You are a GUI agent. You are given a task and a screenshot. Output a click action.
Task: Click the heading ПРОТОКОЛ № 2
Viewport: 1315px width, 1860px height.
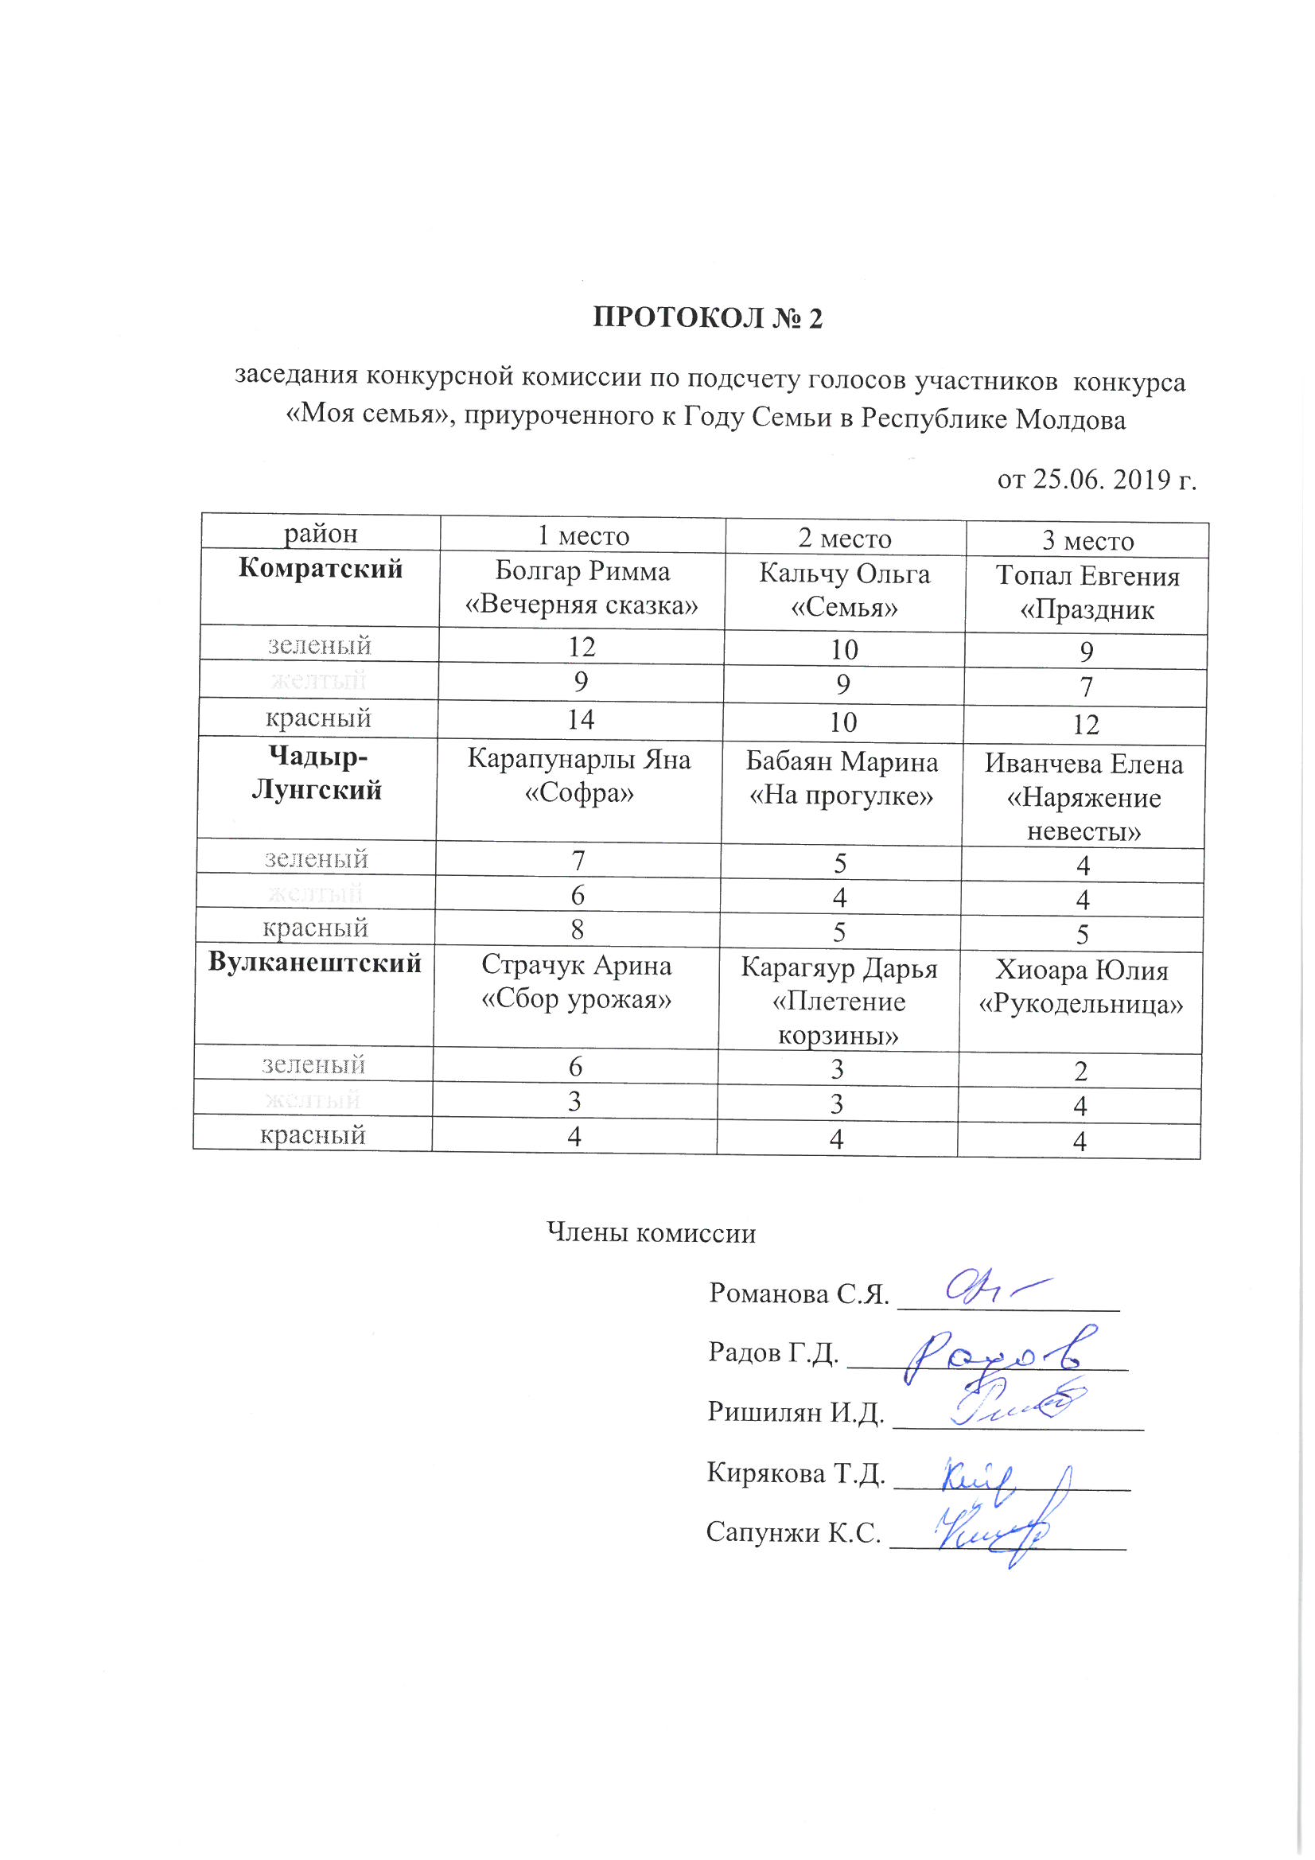click(707, 317)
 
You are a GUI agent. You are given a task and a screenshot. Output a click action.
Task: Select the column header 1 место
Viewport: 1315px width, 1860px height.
click(582, 535)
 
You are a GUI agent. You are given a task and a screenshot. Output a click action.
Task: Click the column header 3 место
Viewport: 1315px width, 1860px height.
click(1087, 540)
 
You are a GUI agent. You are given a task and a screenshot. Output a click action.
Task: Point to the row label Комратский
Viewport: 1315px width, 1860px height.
click(320, 568)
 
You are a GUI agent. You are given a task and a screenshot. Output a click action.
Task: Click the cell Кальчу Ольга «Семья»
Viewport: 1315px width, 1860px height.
click(844, 590)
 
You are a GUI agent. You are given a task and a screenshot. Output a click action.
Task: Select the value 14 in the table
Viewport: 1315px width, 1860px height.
click(581, 719)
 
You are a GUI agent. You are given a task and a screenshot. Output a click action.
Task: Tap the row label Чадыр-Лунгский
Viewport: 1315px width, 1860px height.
click(317, 773)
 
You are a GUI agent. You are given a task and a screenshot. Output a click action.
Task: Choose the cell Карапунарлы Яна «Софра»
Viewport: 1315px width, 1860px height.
click(579, 776)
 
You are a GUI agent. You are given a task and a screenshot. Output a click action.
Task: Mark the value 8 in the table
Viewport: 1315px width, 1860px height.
click(577, 928)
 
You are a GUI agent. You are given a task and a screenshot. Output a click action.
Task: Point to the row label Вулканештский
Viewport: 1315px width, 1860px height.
click(314, 963)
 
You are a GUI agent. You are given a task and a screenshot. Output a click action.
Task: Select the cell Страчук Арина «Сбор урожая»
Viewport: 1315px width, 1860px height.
click(576, 982)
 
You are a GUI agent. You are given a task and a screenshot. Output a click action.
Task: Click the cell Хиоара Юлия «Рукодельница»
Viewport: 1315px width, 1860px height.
click(1081, 987)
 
